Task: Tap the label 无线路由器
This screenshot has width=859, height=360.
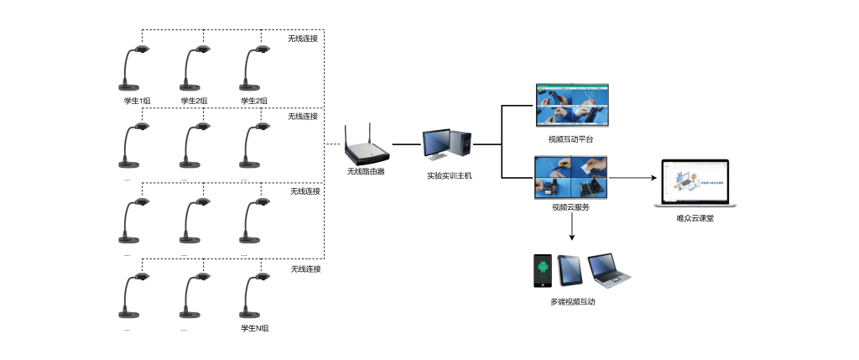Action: pyautogui.click(x=366, y=171)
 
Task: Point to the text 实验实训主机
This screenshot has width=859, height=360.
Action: pyautogui.click(x=449, y=175)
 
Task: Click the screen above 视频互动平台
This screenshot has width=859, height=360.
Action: pyautogui.click(x=572, y=105)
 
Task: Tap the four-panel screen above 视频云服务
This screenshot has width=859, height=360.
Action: pyautogui.click(x=571, y=178)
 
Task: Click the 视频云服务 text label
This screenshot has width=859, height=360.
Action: pyautogui.click(x=570, y=207)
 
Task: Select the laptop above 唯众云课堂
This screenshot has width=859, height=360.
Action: pyautogui.click(x=695, y=184)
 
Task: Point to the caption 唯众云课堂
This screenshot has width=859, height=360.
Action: pyautogui.click(x=695, y=218)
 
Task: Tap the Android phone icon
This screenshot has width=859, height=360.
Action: pyautogui.click(x=543, y=272)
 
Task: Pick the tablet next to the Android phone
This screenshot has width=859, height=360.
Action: pyautogui.click(x=570, y=270)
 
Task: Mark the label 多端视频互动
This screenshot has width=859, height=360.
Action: pyautogui.click(x=573, y=301)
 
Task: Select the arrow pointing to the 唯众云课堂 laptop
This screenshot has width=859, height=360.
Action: pyautogui.click(x=632, y=178)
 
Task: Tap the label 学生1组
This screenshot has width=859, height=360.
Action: pyautogui.click(x=137, y=101)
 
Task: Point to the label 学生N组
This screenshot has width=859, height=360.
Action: pyautogui.click(x=254, y=329)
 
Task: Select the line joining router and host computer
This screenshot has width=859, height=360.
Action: pyautogui.click(x=406, y=144)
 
